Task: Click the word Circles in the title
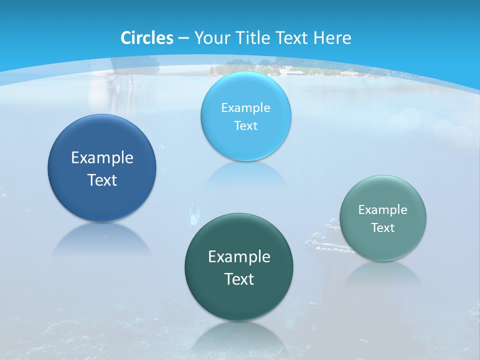pyautogui.click(x=146, y=38)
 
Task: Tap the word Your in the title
pyautogui.click(x=210, y=38)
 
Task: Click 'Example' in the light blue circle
pyautogui.click(x=245, y=107)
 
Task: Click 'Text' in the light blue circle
pyautogui.click(x=245, y=125)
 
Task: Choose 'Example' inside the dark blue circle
pyautogui.click(x=102, y=158)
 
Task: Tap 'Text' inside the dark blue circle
pyautogui.click(x=102, y=180)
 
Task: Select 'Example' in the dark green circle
pyautogui.click(x=239, y=257)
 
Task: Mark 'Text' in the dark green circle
pyautogui.click(x=239, y=279)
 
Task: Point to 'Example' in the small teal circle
pyautogui.click(x=382, y=210)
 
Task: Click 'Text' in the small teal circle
pyautogui.click(x=382, y=228)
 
